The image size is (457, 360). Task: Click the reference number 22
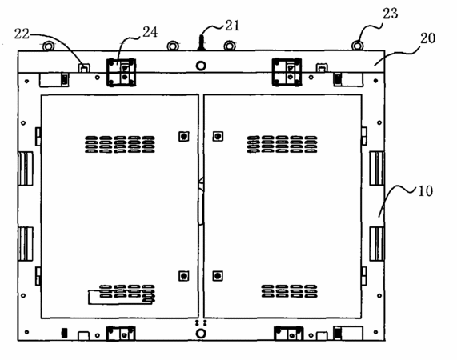pyautogui.click(x=22, y=34)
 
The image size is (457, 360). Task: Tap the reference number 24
pyautogui.click(x=150, y=32)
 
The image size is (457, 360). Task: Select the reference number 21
pyautogui.click(x=232, y=26)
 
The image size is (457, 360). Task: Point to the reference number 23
pyautogui.click(x=390, y=14)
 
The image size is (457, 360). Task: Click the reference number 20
pyautogui.click(x=427, y=38)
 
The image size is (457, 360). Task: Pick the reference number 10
pyautogui.click(x=425, y=191)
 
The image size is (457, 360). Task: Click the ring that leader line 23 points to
pyautogui.click(x=357, y=46)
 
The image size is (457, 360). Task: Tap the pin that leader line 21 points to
pyautogui.click(x=202, y=43)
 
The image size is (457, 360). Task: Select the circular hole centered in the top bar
pyautogui.click(x=201, y=66)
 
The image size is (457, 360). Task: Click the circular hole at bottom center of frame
pyautogui.click(x=201, y=334)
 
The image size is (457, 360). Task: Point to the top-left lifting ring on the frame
pyautogui.click(x=48, y=46)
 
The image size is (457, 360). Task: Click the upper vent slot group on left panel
pyautogui.click(x=120, y=144)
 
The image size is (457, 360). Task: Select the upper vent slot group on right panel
pyautogui.click(x=283, y=144)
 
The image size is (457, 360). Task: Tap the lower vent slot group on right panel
pyautogui.click(x=289, y=291)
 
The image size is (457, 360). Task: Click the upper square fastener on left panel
pyautogui.click(x=183, y=136)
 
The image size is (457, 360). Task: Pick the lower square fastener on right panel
pyautogui.click(x=218, y=276)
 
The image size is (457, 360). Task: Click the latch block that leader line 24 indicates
pyautogui.click(x=121, y=72)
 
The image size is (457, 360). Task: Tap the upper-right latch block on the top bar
pyautogui.click(x=287, y=72)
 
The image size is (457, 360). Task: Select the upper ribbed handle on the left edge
pyautogui.click(x=26, y=169)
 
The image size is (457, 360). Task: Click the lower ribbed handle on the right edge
pyautogui.click(x=377, y=244)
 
